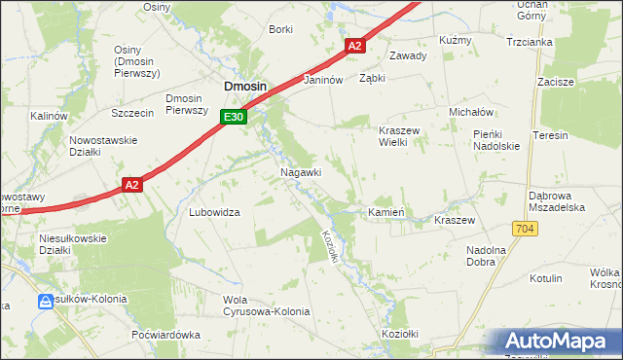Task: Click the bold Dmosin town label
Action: coord(245,87)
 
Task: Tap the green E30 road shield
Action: coord(232,117)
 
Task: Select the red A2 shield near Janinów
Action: coord(354,46)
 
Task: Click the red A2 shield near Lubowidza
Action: coord(133,184)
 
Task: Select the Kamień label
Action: coord(385,212)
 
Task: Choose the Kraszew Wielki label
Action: coord(398,135)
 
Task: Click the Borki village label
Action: coord(280,29)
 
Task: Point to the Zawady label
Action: coord(408,55)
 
